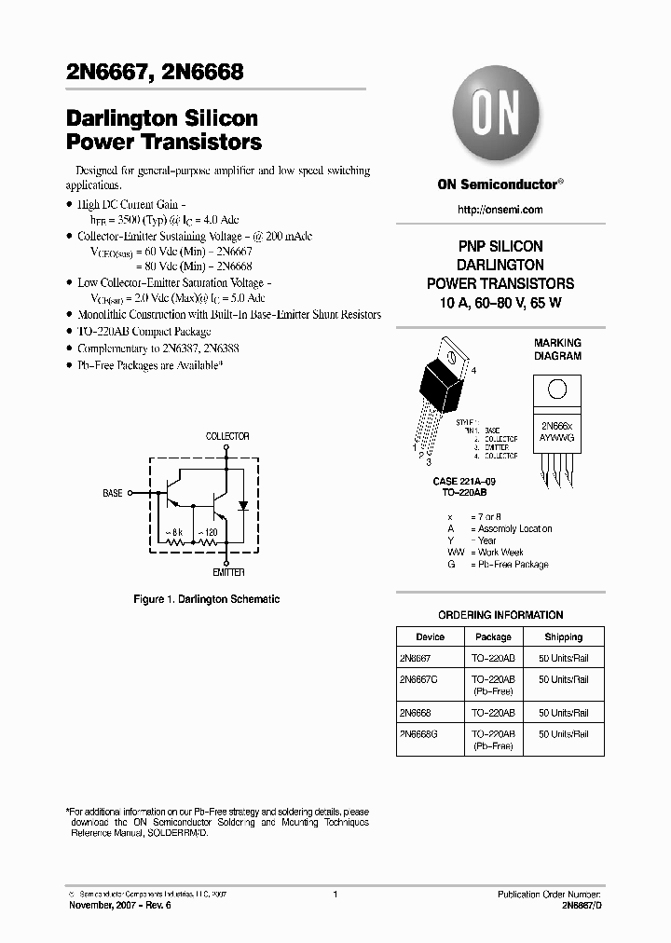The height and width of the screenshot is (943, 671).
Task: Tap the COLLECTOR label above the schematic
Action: click(x=227, y=436)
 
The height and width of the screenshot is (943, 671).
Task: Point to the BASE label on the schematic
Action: click(x=113, y=493)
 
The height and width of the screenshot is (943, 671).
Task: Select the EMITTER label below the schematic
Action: click(x=228, y=572)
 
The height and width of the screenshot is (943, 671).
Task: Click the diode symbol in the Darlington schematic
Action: click(x=243, y=505)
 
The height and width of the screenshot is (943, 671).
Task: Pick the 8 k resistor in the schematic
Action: click(x=175, y=542)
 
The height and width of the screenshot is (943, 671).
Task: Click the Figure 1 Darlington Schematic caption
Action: click(x=206, y=599)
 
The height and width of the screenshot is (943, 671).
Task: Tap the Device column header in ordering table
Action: click(x=431, y=637)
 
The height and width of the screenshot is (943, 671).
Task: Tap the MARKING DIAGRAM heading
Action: click(x=557, y=349)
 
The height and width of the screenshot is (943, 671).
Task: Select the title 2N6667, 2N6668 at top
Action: click(x=155, y=72)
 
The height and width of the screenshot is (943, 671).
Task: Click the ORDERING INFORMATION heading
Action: click(x=500, y=615)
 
